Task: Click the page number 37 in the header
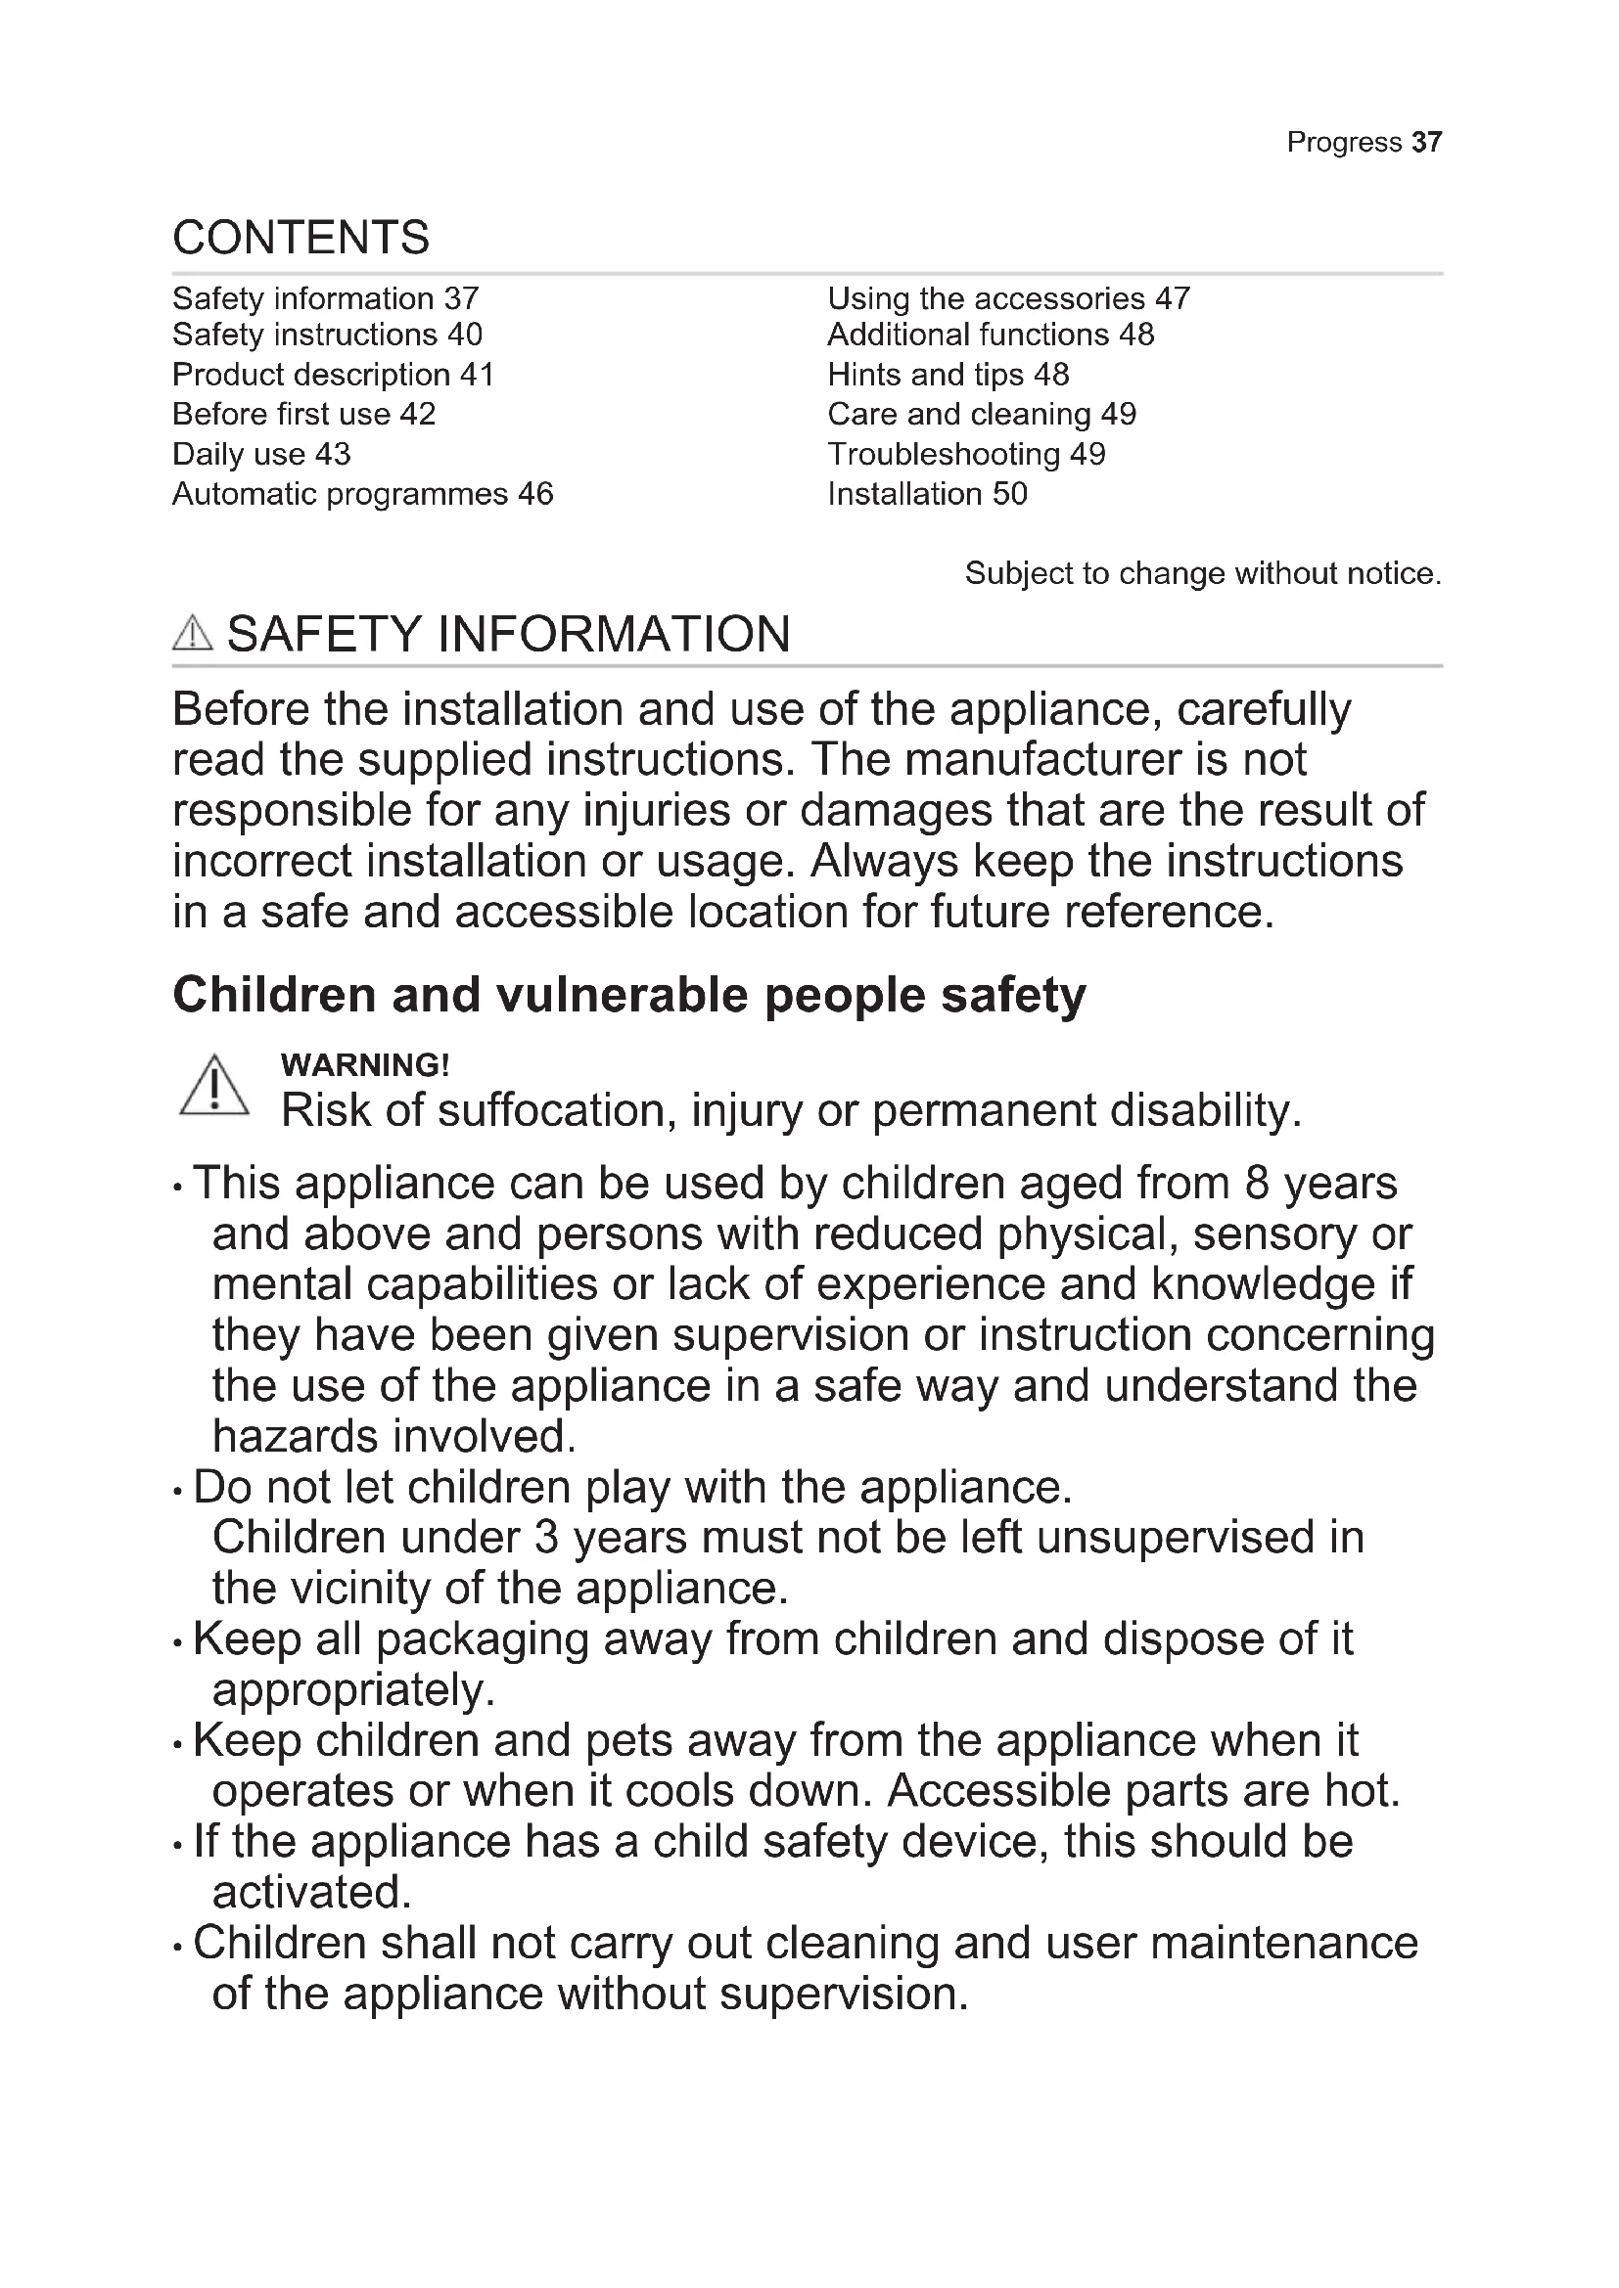pyautogui.click(x=1426, y=143)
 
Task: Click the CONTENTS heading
pyautogui.click(x=301, y=237)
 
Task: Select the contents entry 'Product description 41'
pyautogui.click(x=333, y=375)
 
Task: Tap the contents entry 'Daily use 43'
pyautogui.click(x=261, y=455)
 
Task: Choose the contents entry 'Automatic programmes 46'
pyautogui.click(x=362, y=494)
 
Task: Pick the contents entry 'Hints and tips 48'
pyautogui.click(x=948, y=375)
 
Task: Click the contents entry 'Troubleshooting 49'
pyautogui.click(x=966, y=455)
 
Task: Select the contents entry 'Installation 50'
pyautogui.click(x=926, y=494)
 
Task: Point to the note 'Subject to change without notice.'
pyautogui.click(x=1202, y=574)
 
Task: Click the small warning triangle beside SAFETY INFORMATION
pyautogui.click(x=193, y=634)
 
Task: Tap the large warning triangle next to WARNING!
pyautogui.click(x=214, y=1087)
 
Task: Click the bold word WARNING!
pyautogui.click(x=365, y=1065)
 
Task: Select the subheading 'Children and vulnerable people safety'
pyautogui.click(x=629, y=996)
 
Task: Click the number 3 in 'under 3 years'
pyautogui.click(x=545, y=1538)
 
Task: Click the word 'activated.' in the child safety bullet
pyautogui.click(x=312, y=1893)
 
